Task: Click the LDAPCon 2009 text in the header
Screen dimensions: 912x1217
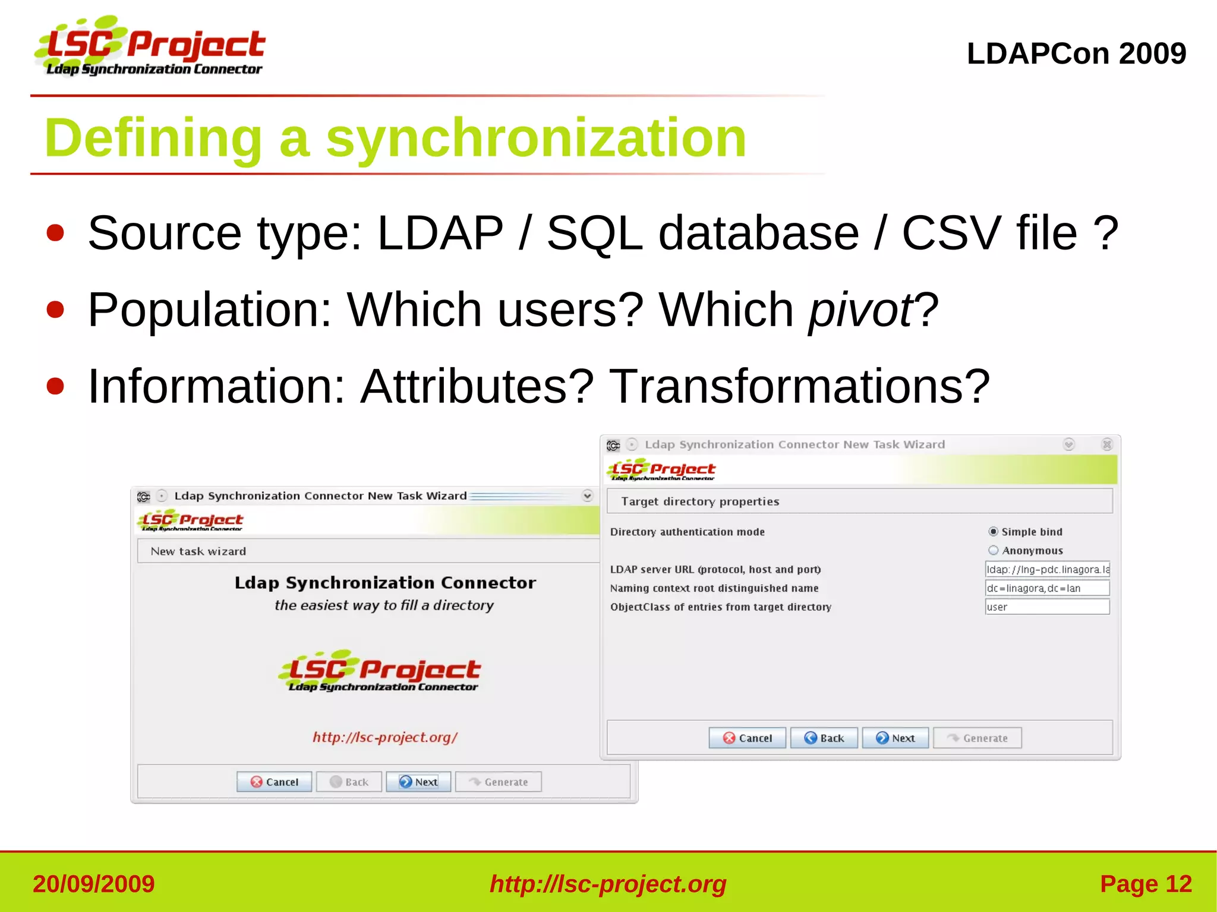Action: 1076,53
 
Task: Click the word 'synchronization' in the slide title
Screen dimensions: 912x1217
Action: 536,138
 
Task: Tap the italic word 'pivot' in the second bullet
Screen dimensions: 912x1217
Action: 860,310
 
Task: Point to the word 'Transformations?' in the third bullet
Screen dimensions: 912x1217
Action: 800,386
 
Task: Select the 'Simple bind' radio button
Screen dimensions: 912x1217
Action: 993,532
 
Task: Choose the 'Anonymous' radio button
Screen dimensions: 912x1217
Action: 993,550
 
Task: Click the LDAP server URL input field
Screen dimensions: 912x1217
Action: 1047,569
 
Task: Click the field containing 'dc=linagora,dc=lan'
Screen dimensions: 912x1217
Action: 1047,588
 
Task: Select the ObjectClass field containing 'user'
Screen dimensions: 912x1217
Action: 1047,607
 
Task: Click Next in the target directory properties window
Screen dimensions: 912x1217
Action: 896,738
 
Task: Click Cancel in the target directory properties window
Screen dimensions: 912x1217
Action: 747,738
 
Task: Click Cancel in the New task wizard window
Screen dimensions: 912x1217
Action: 274,782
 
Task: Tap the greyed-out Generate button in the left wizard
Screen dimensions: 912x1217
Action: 499,782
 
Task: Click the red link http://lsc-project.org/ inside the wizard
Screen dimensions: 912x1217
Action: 385,737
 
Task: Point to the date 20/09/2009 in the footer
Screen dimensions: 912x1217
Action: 94,884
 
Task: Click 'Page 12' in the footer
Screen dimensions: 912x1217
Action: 1146,884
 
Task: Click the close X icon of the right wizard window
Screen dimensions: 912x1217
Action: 1106,444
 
